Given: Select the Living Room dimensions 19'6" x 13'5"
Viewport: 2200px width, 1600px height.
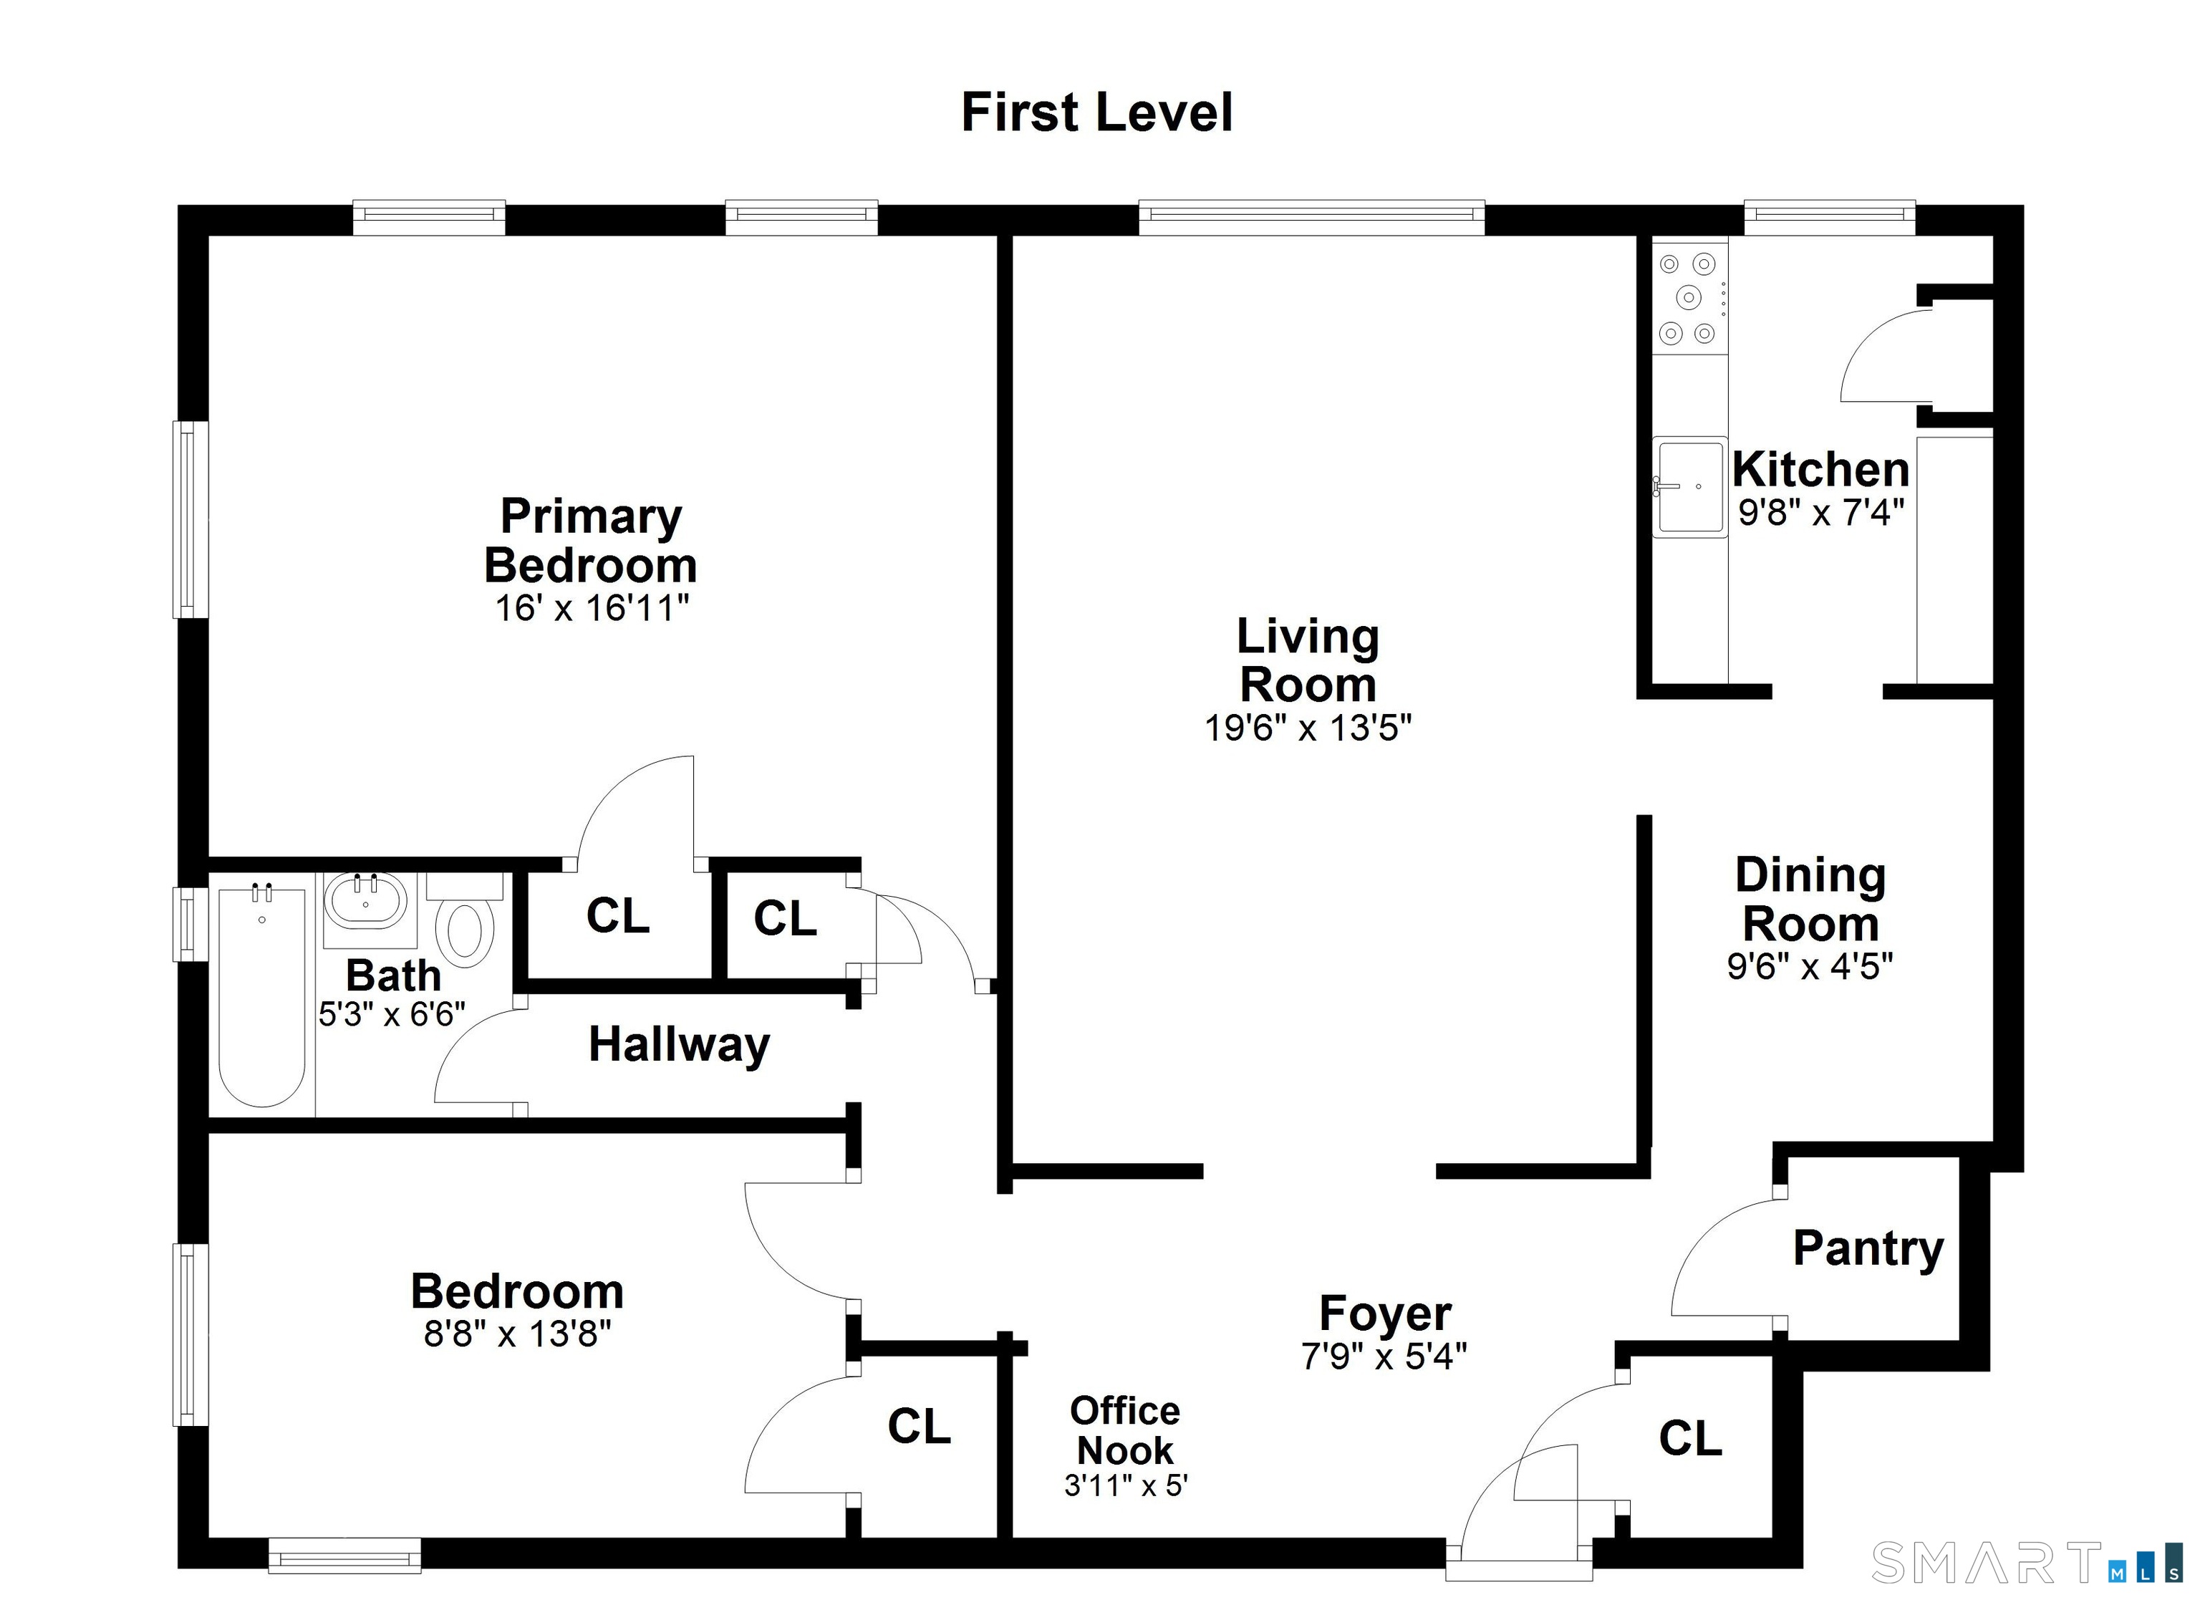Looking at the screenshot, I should point(1308,728).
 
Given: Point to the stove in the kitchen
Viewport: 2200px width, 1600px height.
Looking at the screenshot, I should point(1689,297).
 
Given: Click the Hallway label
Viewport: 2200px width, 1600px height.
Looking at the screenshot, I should point(679,1045).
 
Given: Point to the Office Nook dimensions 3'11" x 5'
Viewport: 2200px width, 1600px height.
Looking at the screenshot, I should point(1125,1485).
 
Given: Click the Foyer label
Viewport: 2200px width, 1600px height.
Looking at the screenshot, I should point(1384,1314).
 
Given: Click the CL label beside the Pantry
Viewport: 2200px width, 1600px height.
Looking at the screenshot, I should point(1690,1438).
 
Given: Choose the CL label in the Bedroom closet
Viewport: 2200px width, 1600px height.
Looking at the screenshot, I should point(919,1426).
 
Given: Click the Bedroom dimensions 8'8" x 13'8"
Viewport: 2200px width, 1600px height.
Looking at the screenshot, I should point(517,1335).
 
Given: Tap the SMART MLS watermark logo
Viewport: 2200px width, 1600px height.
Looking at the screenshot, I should point(2027,1563).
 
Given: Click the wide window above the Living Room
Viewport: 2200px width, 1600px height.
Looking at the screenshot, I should point(1311,217).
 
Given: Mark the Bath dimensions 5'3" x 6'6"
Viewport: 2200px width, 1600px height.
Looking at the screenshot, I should point(392,1015).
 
